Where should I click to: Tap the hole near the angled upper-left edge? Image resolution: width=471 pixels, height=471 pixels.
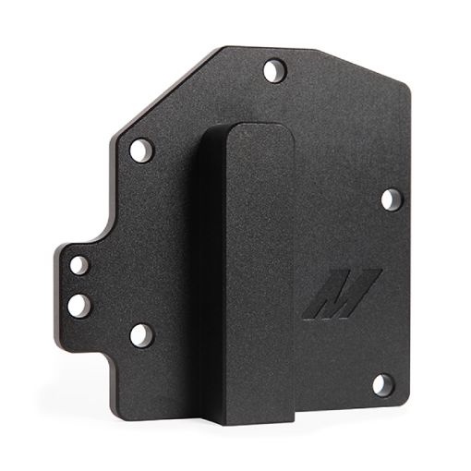coord(139,148)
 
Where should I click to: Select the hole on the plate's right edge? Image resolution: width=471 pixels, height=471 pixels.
coord(390,198)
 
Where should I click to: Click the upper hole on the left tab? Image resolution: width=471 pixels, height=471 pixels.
coord(80,266)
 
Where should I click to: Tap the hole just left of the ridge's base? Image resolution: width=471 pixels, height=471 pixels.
coord(140,334)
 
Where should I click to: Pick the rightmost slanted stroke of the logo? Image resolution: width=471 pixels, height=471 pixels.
coord(363,286)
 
